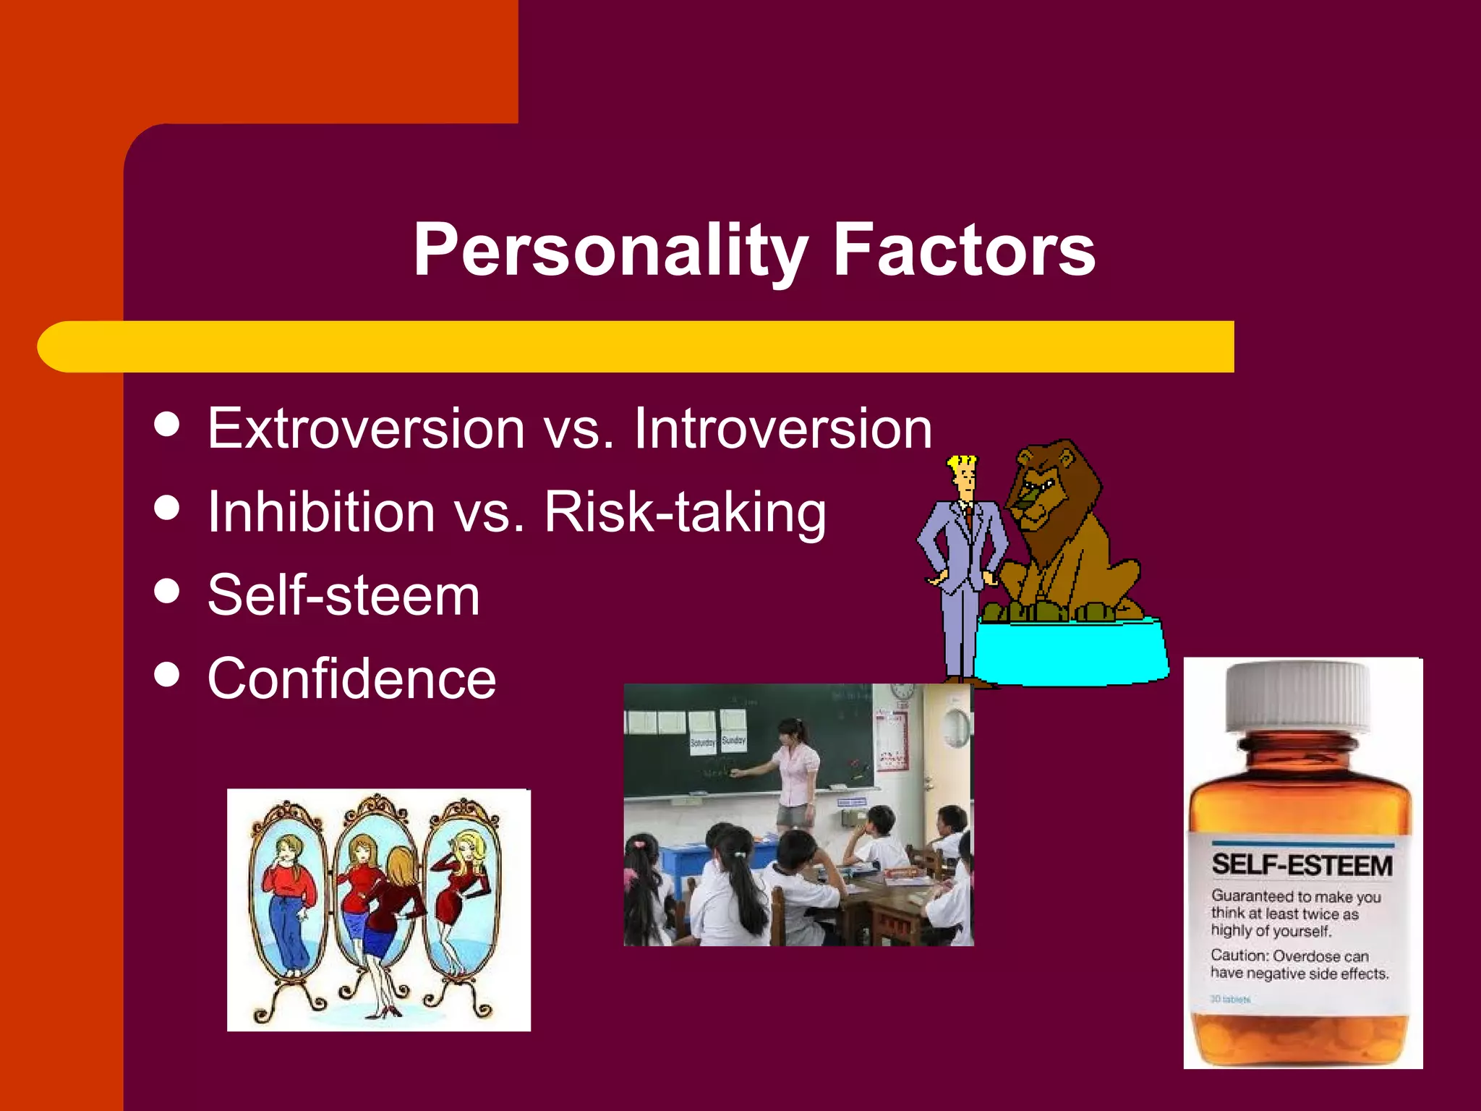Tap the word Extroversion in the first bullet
pos(366,428)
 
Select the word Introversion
pos(783,428)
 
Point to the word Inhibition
pos(321,512)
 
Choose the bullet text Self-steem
pos(343,595)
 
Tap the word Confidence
pos(351,678)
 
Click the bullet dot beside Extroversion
pos(167,424)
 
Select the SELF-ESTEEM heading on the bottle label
pos(1302,865)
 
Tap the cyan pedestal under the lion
pos(1070,651)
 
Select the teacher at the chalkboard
pos(795,770)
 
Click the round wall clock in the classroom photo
pos(956,727)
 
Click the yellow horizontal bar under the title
pos(636,346)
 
